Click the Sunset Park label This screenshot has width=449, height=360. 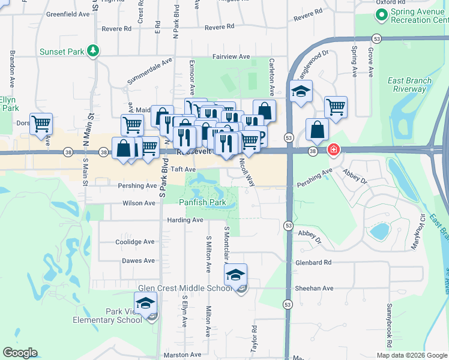pos(61,52)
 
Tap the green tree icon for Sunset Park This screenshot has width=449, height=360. pos(94,51)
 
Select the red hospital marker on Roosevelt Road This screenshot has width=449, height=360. pos(333,150)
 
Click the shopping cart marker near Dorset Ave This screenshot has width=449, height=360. pos(41,124)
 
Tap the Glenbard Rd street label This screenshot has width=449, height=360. pos(313,263)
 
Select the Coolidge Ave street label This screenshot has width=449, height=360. pos(135,242)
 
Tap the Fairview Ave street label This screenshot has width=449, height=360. pos(232,57)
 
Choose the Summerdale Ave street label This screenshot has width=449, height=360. pos(149,71)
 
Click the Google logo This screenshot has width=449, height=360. pos(20,352)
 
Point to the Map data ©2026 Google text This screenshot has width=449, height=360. pos(410,355)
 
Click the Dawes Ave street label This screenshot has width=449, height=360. pos(138,261)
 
